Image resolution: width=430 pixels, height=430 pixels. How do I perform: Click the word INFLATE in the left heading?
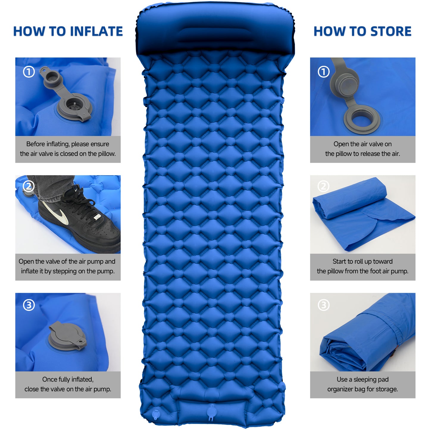(98, 31)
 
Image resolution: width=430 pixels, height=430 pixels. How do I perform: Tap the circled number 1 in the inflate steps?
(29, 72)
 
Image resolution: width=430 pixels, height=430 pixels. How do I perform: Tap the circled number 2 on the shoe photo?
(29, 186)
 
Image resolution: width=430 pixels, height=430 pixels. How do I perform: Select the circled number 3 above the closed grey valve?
(29, 305)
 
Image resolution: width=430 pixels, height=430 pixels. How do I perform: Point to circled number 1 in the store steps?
(323, 72)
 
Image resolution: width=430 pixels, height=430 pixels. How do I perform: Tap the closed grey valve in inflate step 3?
(67, 336)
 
